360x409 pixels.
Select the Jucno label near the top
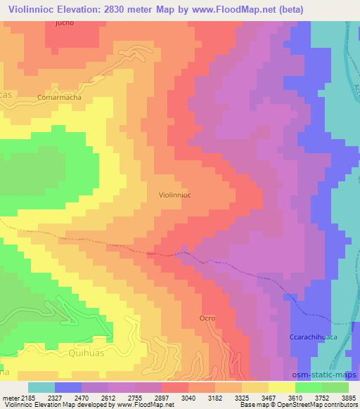point(64,22)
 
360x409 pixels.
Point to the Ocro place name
point(207,318)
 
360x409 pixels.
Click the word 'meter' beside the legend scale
point(7,397)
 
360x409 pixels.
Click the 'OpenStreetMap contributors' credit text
point(319,405)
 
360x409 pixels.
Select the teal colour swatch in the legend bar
point(41,387)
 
